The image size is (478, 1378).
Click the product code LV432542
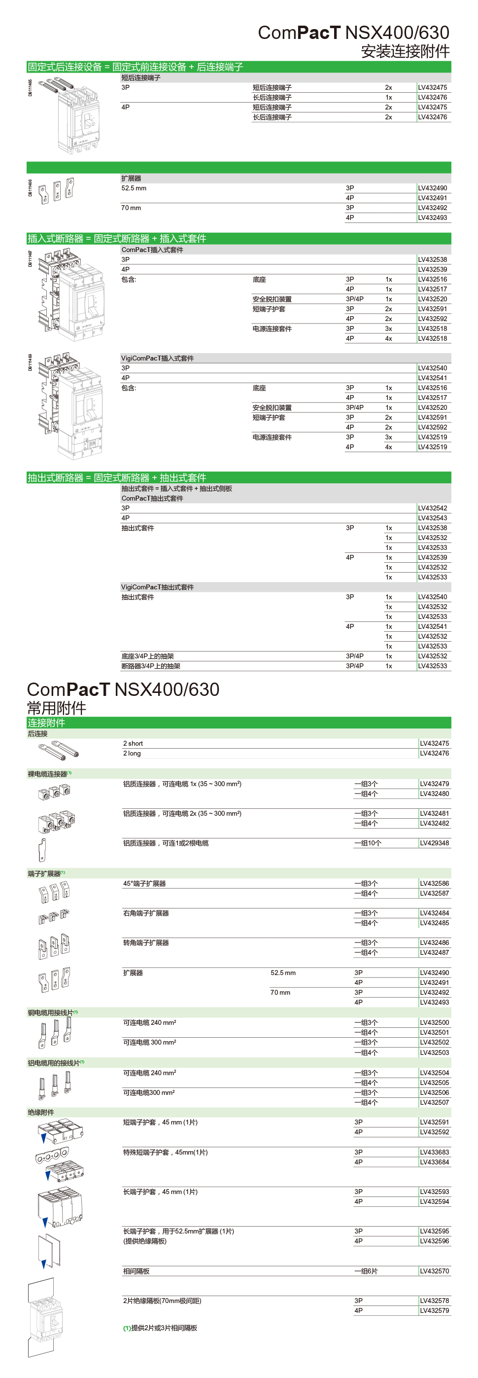432,508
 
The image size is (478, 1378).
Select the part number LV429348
434,843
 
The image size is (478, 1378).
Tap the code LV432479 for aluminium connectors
434,784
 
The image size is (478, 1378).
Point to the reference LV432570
434,1271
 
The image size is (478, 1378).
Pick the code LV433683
434,1152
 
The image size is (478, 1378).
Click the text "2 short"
133,744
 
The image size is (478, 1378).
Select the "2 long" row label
132,753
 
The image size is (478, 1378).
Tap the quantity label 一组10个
367,843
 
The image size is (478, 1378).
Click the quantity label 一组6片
366,1271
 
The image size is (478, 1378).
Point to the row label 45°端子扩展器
144,884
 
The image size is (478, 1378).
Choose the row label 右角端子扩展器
145,913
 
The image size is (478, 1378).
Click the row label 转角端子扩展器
145,943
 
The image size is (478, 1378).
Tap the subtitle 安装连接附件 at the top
405,51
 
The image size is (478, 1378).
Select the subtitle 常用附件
56,708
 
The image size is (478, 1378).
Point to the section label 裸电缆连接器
48,773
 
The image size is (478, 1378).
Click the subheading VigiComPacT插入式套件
157,359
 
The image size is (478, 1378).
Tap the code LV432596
434,1241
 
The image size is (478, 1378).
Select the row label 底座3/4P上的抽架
147,656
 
